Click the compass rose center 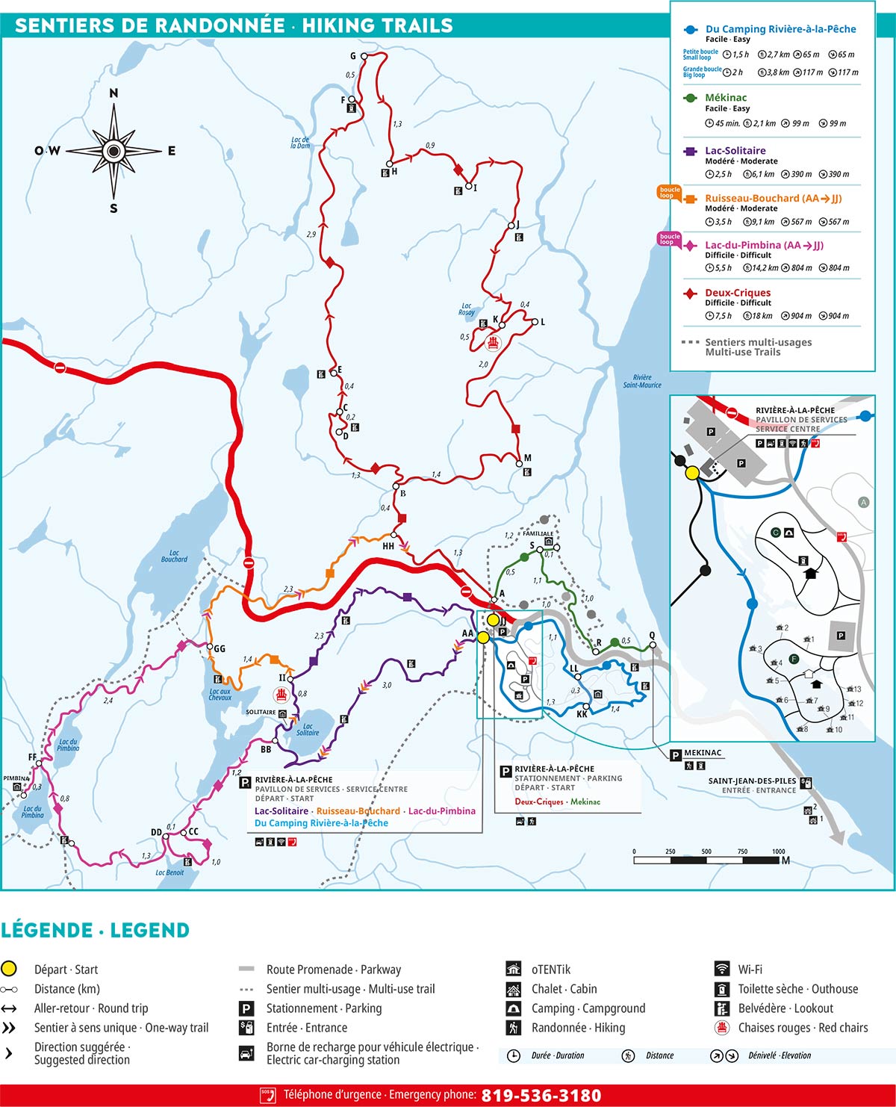(x=113, y=151)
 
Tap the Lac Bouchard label (x=174, y=556)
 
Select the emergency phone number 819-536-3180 (x=541, y=1095)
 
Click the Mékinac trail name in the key (x=725, y=98)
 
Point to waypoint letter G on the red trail (x=353, y=56)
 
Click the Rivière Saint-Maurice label (x=642, y=381)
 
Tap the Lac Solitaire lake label (x=308, y=729)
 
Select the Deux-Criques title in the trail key (x=737, y=293)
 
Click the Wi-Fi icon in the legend (x=722, y=970)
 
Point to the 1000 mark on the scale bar (x=778, y=852)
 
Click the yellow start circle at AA (x=483, y=637)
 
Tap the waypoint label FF (x=32, y=757)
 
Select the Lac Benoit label (x=169, y=872)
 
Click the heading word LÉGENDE (x=46, y=931)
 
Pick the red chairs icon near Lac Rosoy (x=492, y=343)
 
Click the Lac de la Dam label (x=300, y=143)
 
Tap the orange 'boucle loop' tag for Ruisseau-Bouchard (x=669, y=193)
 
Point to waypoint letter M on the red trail (x=527, y=458)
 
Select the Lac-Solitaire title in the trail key (x=735, y=151)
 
